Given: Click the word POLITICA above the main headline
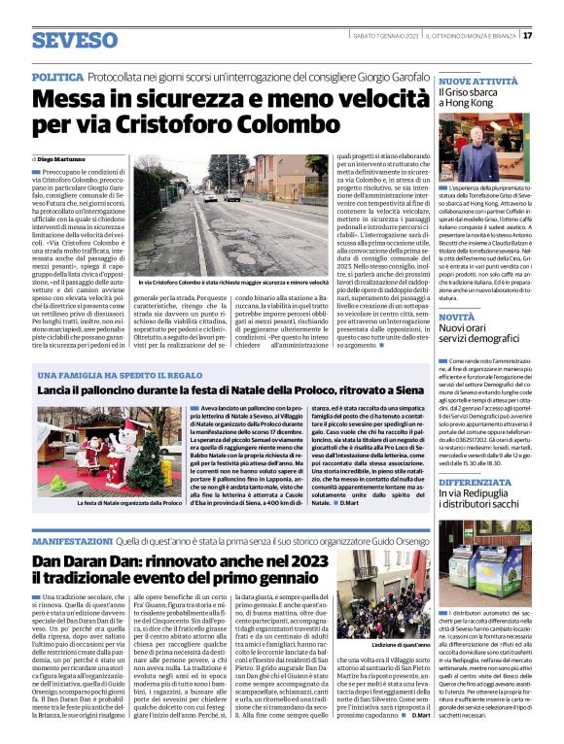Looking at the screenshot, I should (x=56, y=75).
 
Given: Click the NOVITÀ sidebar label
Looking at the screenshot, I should (x=456, y=317).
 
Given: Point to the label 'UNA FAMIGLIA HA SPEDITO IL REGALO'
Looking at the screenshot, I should (x=108, y=374).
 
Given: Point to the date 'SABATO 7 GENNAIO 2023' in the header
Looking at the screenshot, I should (x=388, y=36).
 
